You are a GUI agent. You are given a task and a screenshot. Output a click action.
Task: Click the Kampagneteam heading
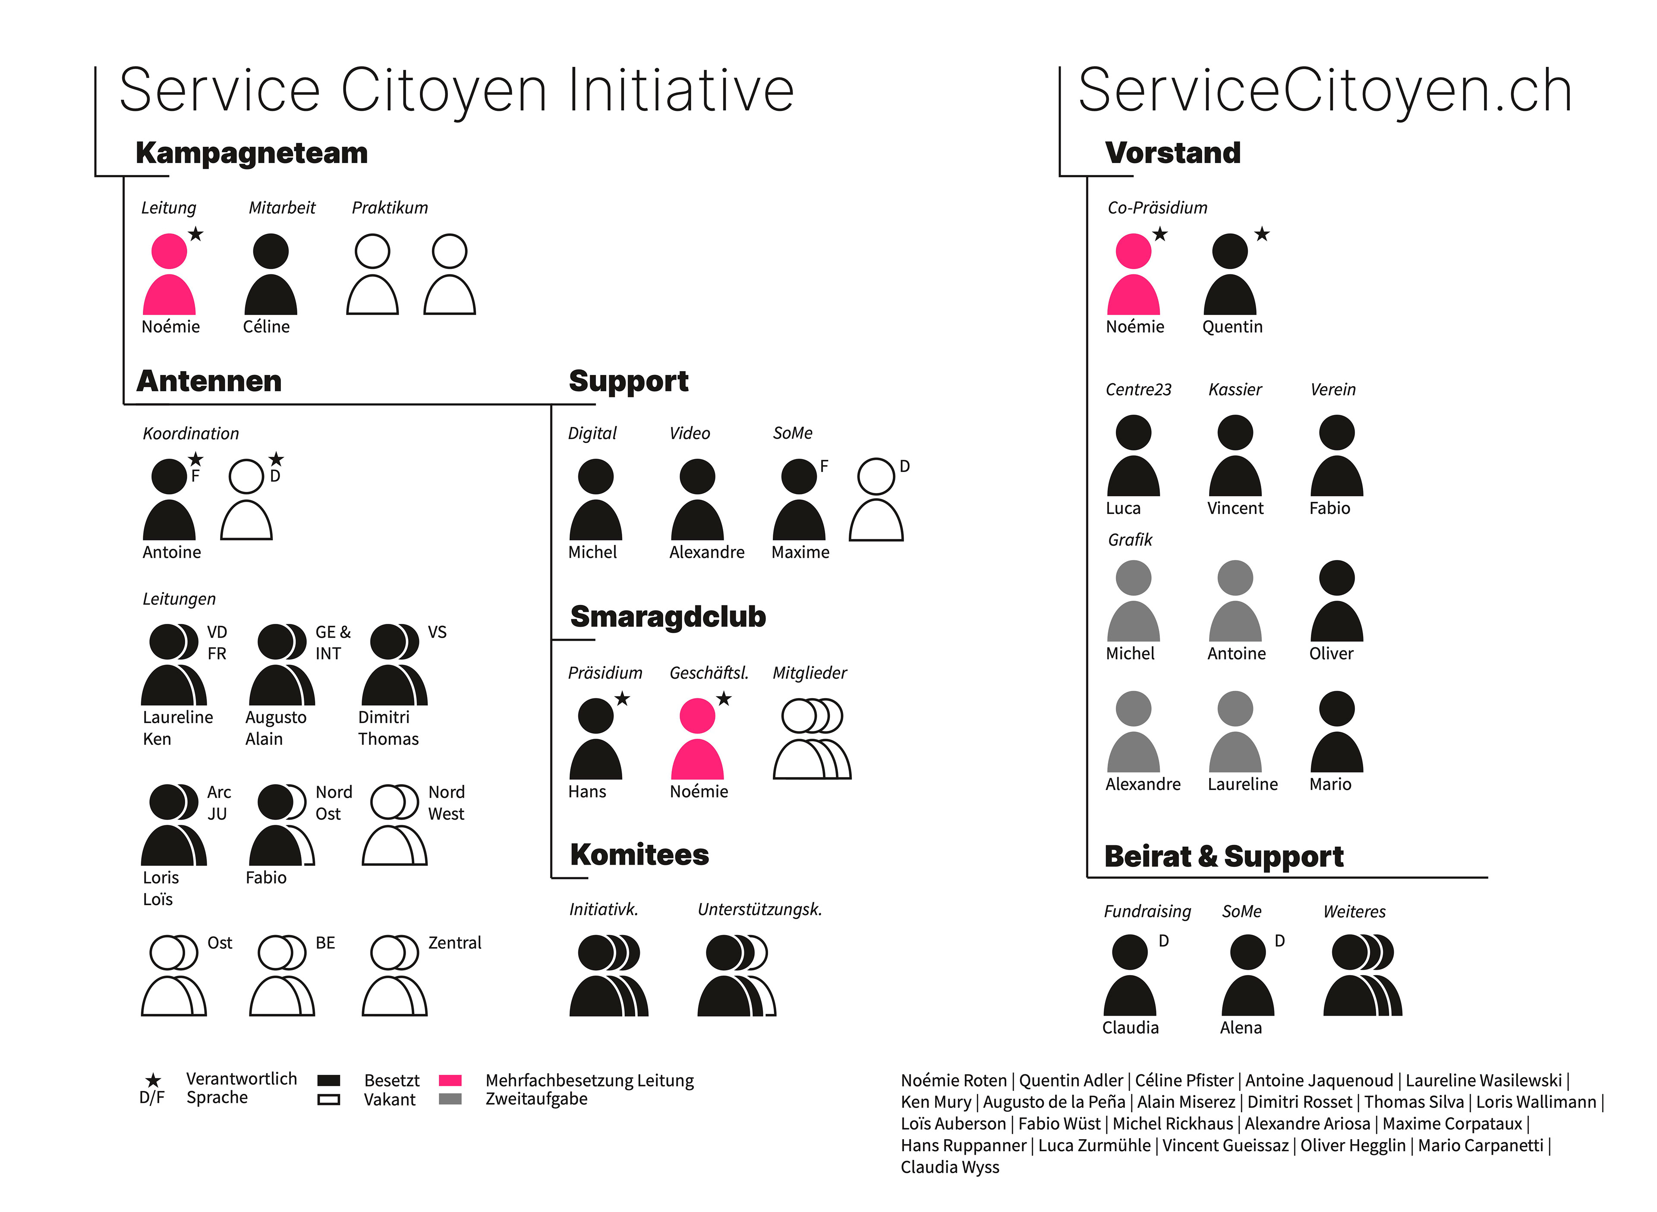[x=252, y=153]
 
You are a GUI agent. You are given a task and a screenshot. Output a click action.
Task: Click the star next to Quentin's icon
[x=1262, y=235]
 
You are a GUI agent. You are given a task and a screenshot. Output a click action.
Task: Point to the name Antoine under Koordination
[x=172, y=552]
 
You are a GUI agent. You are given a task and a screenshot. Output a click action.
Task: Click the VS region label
[x=437, y=633]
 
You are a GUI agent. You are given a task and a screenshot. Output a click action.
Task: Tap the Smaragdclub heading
[x=668, y=617]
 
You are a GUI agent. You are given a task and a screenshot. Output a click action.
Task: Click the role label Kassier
[x=1235, y=390]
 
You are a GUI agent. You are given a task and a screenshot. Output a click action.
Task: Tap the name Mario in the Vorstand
[x=1330, y=784]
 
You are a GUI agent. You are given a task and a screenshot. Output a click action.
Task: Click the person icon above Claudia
[x=1130, y=975]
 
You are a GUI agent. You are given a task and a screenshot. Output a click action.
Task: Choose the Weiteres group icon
[x=1362, y=975]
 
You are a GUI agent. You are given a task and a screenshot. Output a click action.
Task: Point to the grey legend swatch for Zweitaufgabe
[x=450, y=1099]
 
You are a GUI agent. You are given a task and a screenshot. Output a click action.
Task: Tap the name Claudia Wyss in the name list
[x=950, y=1167]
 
